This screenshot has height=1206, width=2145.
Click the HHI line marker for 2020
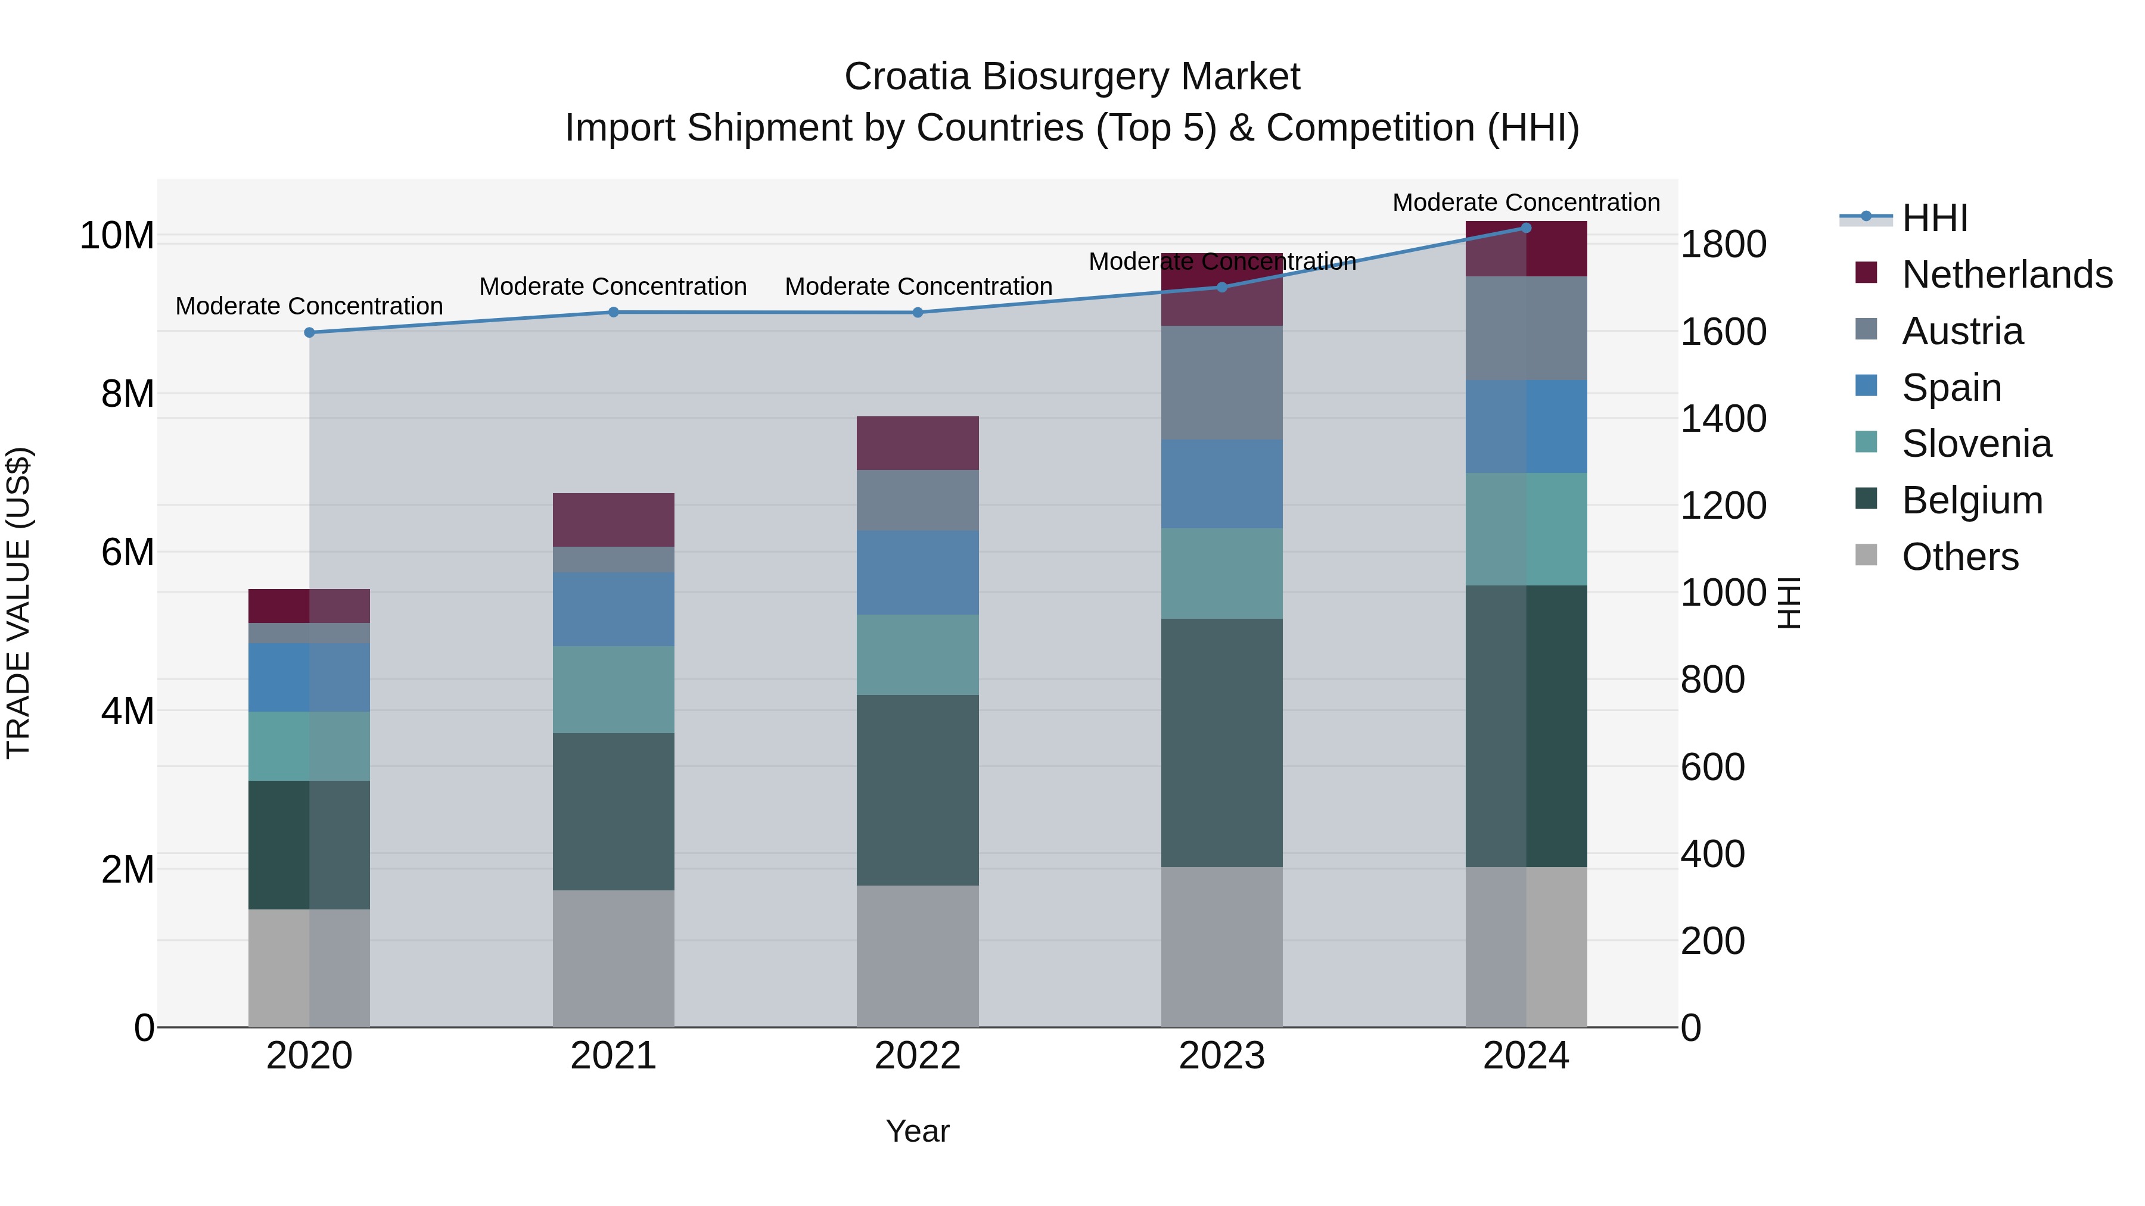(x=309, y=332)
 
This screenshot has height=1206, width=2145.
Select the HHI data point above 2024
(x=1525, y=228)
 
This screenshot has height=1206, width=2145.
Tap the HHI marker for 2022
(x=918, y=313)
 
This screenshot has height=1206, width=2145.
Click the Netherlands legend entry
(x=2007, y=275)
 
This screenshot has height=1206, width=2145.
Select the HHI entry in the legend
(x=1934, y=218)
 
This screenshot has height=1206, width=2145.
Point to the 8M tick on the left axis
(x=128, y=394)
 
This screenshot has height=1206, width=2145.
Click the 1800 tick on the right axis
(x=1722, y=245)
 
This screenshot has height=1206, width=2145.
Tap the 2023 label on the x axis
(x=1221, y=1056)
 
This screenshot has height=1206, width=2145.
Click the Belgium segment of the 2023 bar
(x=1221, y=743)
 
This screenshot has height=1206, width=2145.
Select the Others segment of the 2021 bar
(x=613, y=958)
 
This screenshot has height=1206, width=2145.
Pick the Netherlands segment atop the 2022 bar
(x=918, y=442)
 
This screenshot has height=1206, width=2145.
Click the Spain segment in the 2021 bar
(x=613, y=609)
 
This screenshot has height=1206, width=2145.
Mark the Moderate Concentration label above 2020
(x=309, y=306)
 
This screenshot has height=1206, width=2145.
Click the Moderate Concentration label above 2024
(x=1525, y=202)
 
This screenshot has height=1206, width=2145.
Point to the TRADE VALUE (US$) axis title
(x=18, y=603)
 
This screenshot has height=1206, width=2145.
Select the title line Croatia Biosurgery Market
(x=1072, y=77)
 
